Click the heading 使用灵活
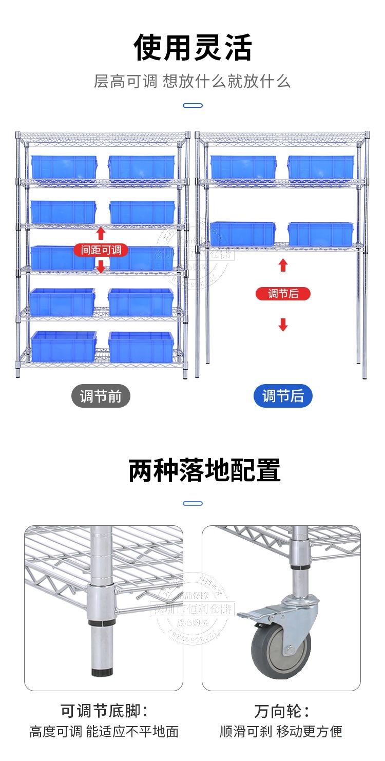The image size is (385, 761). [192, 48]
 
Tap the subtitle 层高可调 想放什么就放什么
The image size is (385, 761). [192, 81]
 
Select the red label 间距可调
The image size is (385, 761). [101, 250]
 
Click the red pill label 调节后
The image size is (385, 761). [283, 294]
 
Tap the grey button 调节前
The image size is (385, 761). [101, 396]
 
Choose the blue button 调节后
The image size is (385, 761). [283, 396]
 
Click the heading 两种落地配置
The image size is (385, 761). [204, 470]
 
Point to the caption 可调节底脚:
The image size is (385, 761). [104, 711]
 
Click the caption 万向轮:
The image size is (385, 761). [281, 711]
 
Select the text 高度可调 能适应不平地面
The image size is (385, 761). [104, 731]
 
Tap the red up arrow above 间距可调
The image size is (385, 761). [101, 234]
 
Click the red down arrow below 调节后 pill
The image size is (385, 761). [283, 324]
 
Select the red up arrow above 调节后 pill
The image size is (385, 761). [283, 265]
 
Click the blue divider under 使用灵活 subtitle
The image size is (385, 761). [192, 106]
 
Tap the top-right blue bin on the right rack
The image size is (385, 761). [321, 167]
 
